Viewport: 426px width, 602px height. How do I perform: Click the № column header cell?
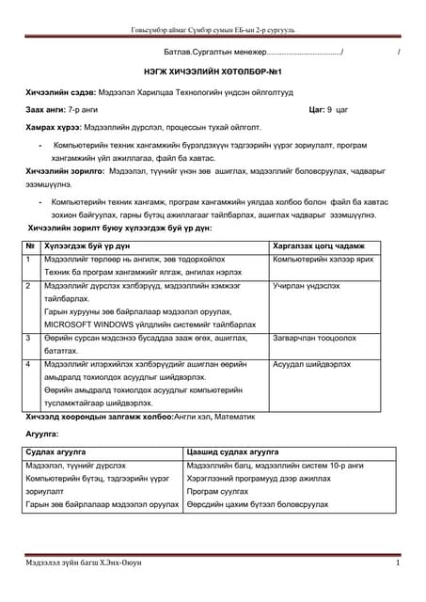tap(31, 244)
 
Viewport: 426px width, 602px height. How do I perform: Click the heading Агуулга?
tap(42, 435)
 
